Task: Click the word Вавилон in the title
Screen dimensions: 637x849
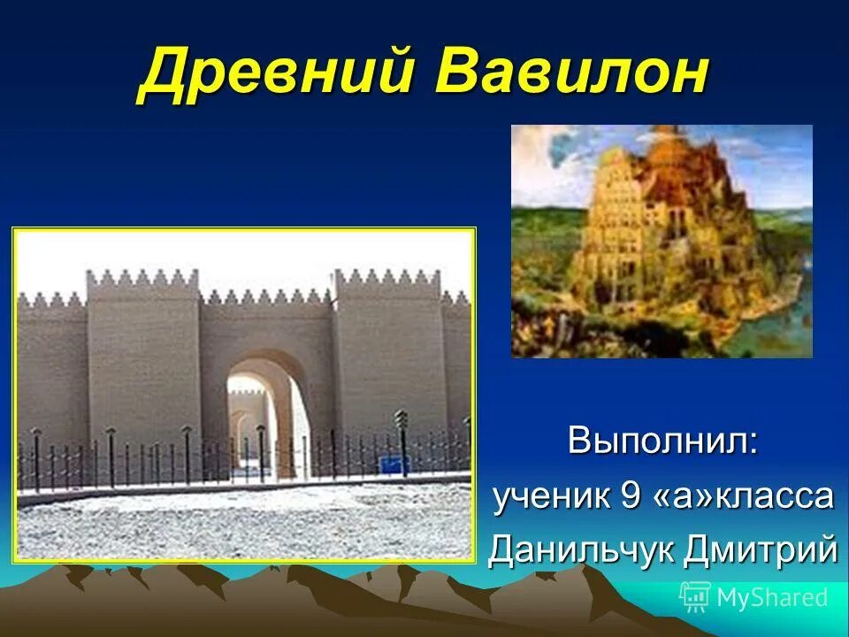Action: [x=571, y=73]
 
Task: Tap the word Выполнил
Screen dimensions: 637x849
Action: [x=662, y=440]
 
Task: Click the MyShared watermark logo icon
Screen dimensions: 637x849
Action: [x=695, y=597]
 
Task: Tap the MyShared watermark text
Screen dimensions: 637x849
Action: [x=772, y=598]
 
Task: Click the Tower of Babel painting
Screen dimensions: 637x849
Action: [x=662, y=241]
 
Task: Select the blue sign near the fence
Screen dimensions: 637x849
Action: [x=390, y=464]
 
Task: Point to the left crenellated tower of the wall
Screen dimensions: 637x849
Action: [x=142, y=354]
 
